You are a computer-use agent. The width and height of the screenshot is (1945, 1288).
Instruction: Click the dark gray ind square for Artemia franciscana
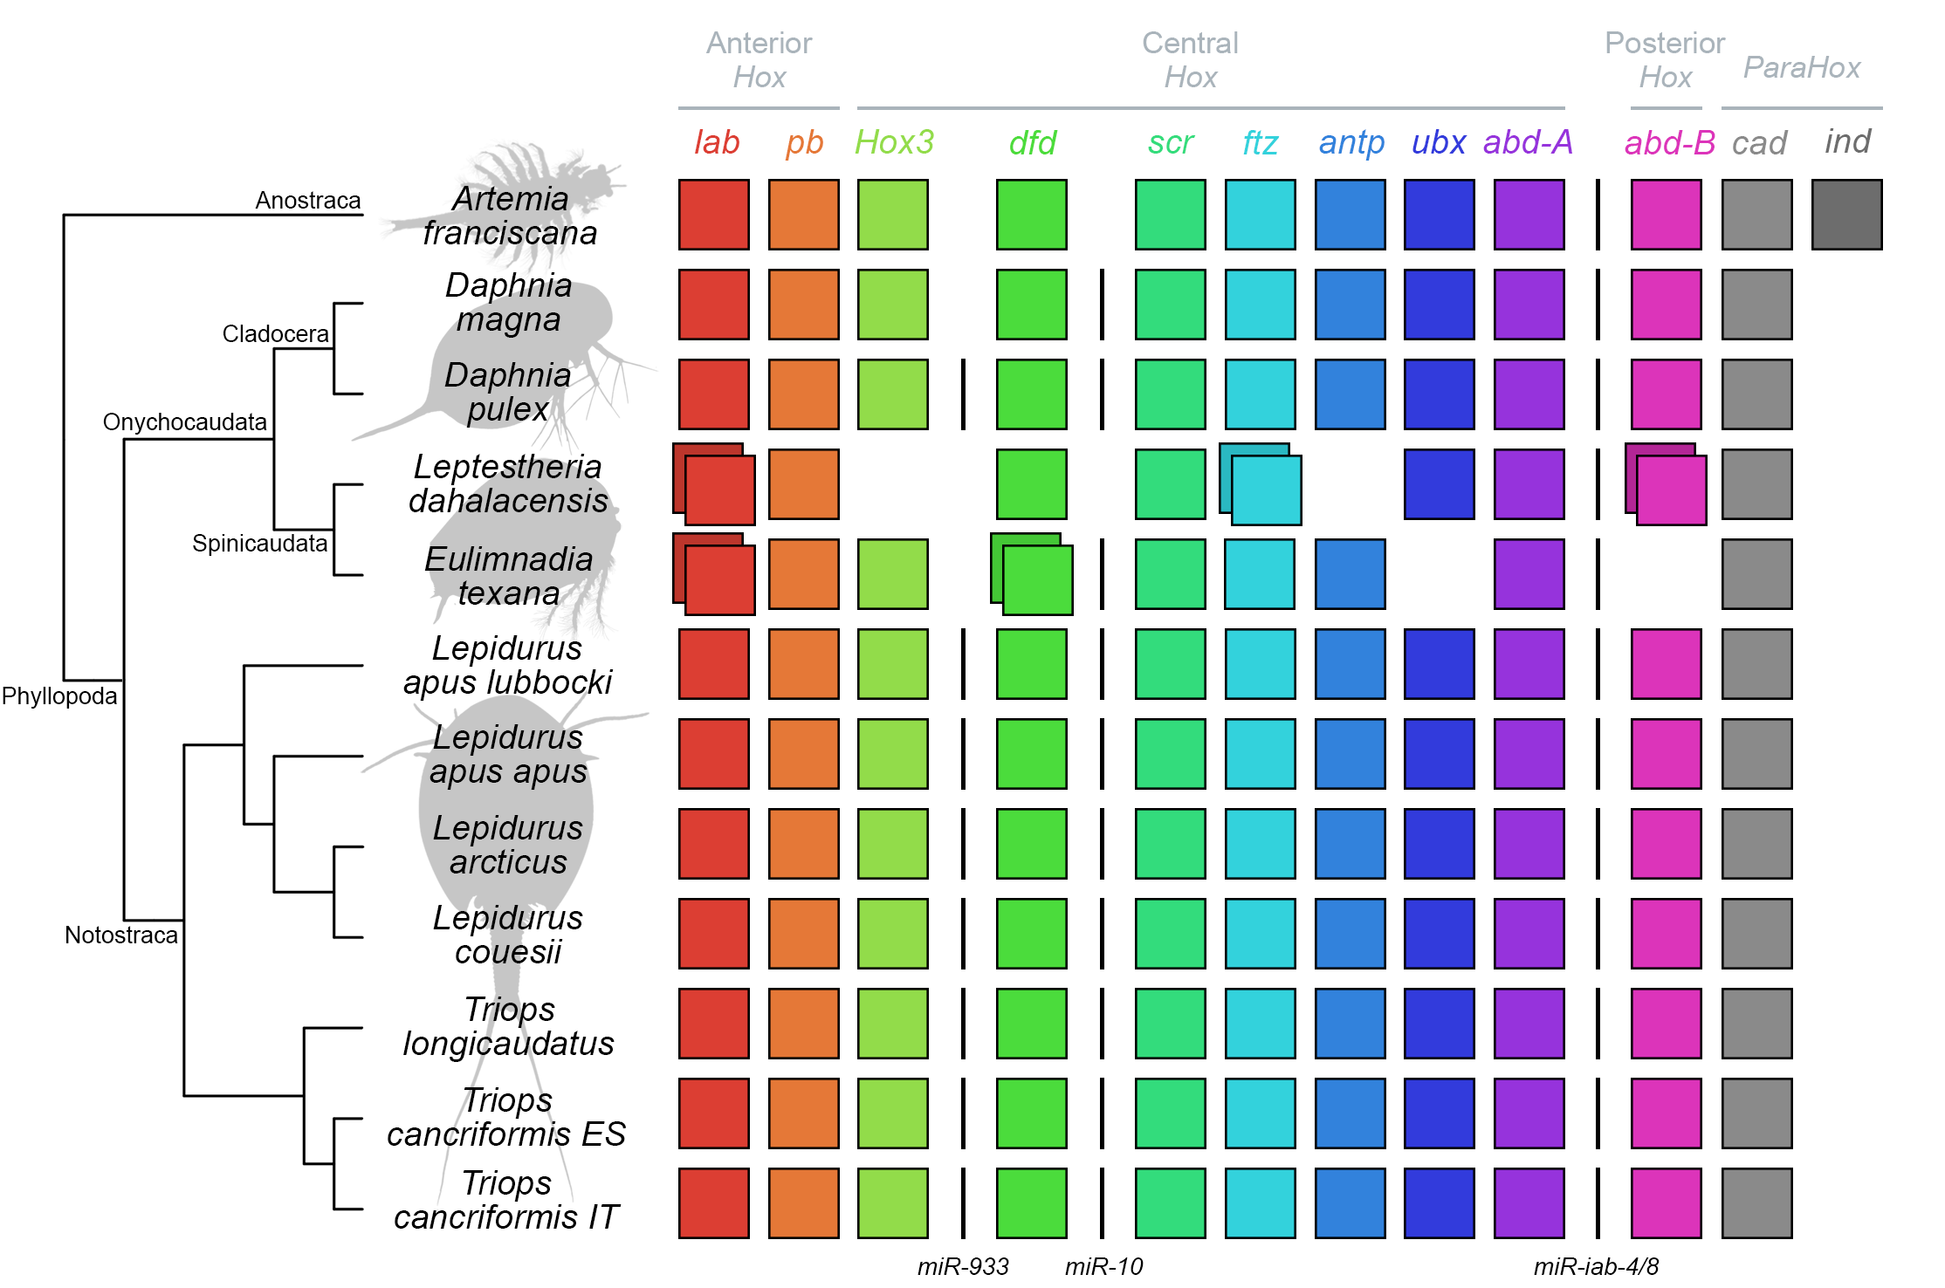tap(1845, 215)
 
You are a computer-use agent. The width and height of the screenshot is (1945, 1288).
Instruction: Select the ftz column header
tap(1259, 142)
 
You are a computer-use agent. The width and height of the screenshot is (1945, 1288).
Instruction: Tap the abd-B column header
tap(1668, 142)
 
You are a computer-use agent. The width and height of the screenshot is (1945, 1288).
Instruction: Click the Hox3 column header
tap(894, 141)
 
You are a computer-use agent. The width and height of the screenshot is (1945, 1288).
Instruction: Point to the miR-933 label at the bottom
tap(962, 1265)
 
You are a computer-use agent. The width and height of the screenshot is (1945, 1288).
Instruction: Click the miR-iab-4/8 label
tap(1595, 1265)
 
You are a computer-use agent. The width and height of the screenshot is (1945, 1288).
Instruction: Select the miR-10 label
tap(1103, 1265)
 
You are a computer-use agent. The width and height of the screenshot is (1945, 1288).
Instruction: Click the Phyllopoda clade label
tap(58, 695)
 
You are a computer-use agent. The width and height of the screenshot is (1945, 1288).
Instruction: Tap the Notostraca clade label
tap(120, 935)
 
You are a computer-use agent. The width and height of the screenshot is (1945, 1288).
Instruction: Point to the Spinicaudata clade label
tap(259, 543)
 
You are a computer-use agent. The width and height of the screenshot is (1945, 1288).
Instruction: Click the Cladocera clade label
tap(275, 333)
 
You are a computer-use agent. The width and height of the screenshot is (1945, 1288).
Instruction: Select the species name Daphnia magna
tap(508, 302)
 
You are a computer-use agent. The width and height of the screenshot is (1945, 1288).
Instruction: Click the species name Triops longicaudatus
tap(508, 1026)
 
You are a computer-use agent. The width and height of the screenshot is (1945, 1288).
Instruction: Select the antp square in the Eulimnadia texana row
tap(1350, 574)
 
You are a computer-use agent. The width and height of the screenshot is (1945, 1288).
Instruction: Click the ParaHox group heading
tap(1801, 67)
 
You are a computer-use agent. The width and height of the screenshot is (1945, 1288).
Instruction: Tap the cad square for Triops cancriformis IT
tap(1756, 1202)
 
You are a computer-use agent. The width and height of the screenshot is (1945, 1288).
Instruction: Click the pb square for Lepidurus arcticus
tap(803, 843)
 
